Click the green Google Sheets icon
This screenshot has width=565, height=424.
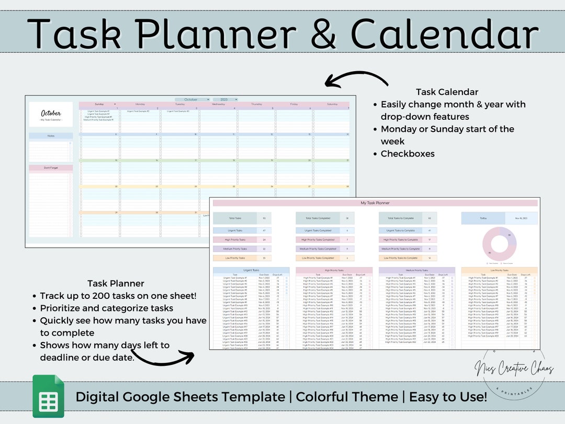tap(48, 396)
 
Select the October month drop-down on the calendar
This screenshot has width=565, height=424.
tap(192, 99)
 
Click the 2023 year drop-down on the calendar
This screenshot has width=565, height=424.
tap(229, 99)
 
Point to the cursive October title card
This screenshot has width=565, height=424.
tap(51, 115)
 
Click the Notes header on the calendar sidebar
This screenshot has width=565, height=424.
tap(51, 136)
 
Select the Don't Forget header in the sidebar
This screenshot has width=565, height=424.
tap(51, 168)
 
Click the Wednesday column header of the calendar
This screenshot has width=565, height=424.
tap(218, 104)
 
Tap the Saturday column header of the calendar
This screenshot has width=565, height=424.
tap(332, 104)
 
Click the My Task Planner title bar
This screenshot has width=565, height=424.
tap(375, 203)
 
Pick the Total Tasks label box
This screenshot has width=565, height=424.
tap(235, 218)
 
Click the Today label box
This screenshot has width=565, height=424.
tap(483, 218)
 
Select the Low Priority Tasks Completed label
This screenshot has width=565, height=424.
tap(318, 258)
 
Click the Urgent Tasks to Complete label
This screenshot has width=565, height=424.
tap(401, 230)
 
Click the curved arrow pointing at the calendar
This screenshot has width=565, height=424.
tap(356, 80)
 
